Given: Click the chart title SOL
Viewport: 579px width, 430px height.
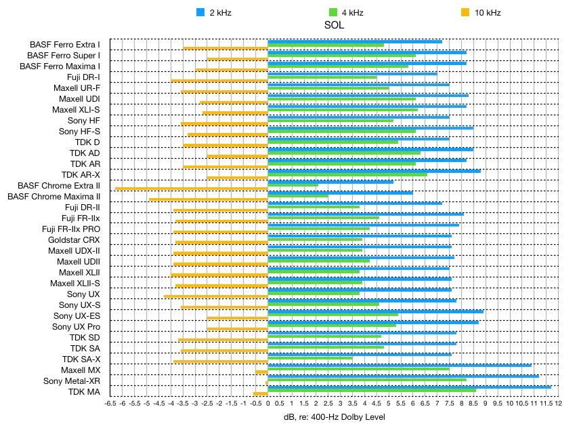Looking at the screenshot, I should [x=334, y=25].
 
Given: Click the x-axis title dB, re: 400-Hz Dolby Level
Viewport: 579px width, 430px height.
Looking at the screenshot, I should [x=334, y=417].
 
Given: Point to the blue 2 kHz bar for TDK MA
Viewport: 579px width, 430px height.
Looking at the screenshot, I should [x=409, y=387].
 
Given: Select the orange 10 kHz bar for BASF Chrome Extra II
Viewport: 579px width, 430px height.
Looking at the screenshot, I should [x=192, y=188].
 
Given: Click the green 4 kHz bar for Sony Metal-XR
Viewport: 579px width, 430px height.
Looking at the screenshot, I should [x=367, y=380].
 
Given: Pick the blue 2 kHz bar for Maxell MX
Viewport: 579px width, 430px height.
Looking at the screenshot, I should [x=400, y=365].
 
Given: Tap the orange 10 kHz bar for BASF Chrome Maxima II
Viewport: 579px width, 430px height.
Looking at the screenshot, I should [x=209, y=199].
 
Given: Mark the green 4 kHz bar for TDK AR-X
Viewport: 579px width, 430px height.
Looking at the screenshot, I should [x=347, y=174].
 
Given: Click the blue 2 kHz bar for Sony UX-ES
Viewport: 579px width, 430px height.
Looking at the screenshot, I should [x=376, y=311].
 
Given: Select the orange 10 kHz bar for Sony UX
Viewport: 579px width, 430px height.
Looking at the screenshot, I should [x=216, y=296].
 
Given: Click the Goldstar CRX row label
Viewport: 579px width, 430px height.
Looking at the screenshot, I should [x=74, y=240].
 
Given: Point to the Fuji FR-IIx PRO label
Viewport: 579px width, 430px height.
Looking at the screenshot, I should [x=71, y=229].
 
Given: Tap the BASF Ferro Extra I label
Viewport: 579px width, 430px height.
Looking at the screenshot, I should [x=65, y=45].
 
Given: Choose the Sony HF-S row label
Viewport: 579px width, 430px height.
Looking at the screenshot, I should [x=79, y=132].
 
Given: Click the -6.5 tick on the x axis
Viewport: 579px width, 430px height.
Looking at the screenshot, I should [x=111, y=403].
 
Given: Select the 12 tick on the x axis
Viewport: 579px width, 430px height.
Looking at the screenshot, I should [x=559, y=403].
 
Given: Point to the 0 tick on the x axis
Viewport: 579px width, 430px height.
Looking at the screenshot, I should [x=268, y=403].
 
